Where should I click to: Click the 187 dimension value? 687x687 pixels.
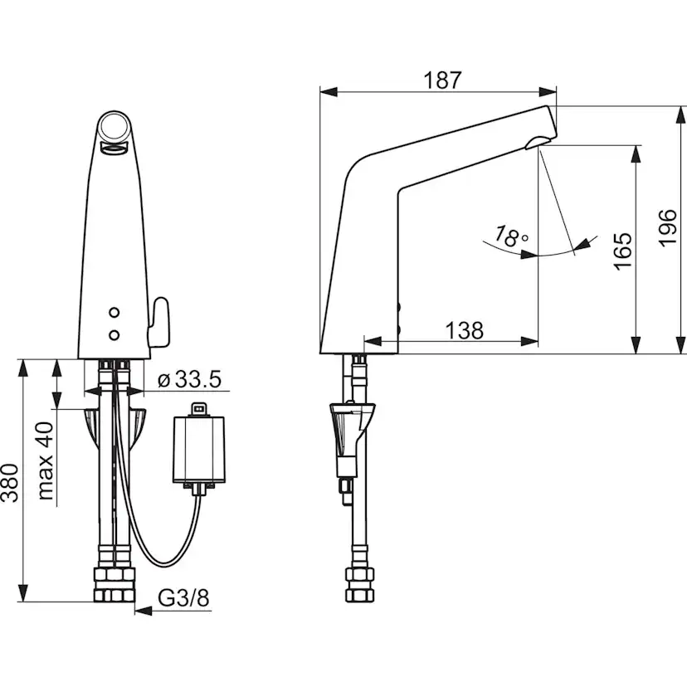point(442,80)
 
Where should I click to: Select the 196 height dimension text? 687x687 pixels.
point(667,228)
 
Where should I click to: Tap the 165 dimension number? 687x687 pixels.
point(622,251)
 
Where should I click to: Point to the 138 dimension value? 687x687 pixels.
point(465,330)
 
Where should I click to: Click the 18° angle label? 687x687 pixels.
point(511,237)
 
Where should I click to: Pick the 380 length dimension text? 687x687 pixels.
point(10,482)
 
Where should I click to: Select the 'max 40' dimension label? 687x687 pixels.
point(44,461)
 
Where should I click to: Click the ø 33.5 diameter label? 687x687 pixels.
point(189,379)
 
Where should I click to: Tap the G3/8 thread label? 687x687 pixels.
point(183,597)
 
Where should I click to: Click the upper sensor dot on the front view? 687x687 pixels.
point(114,313)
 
